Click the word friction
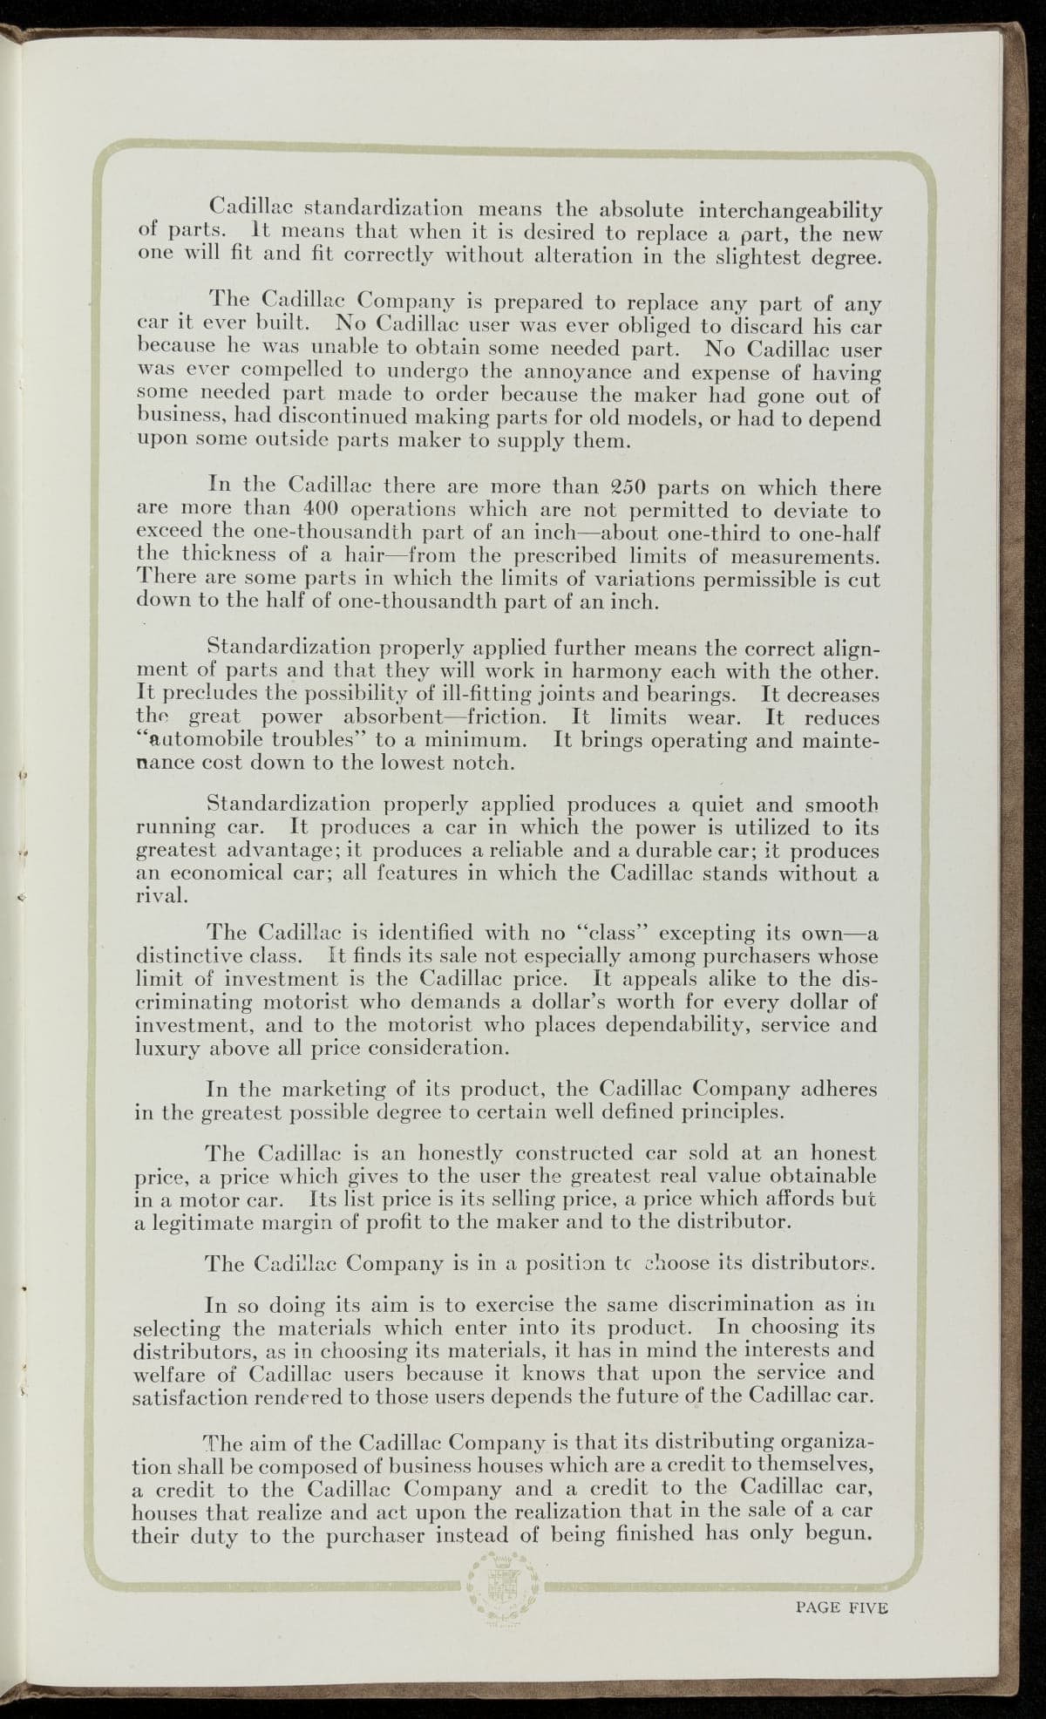coord(505,717)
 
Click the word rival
coord(162,896)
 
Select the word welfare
coord(170,1375)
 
